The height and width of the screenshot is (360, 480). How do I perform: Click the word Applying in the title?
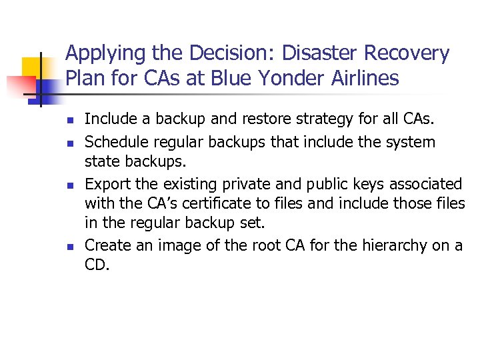tap(103, 53)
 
